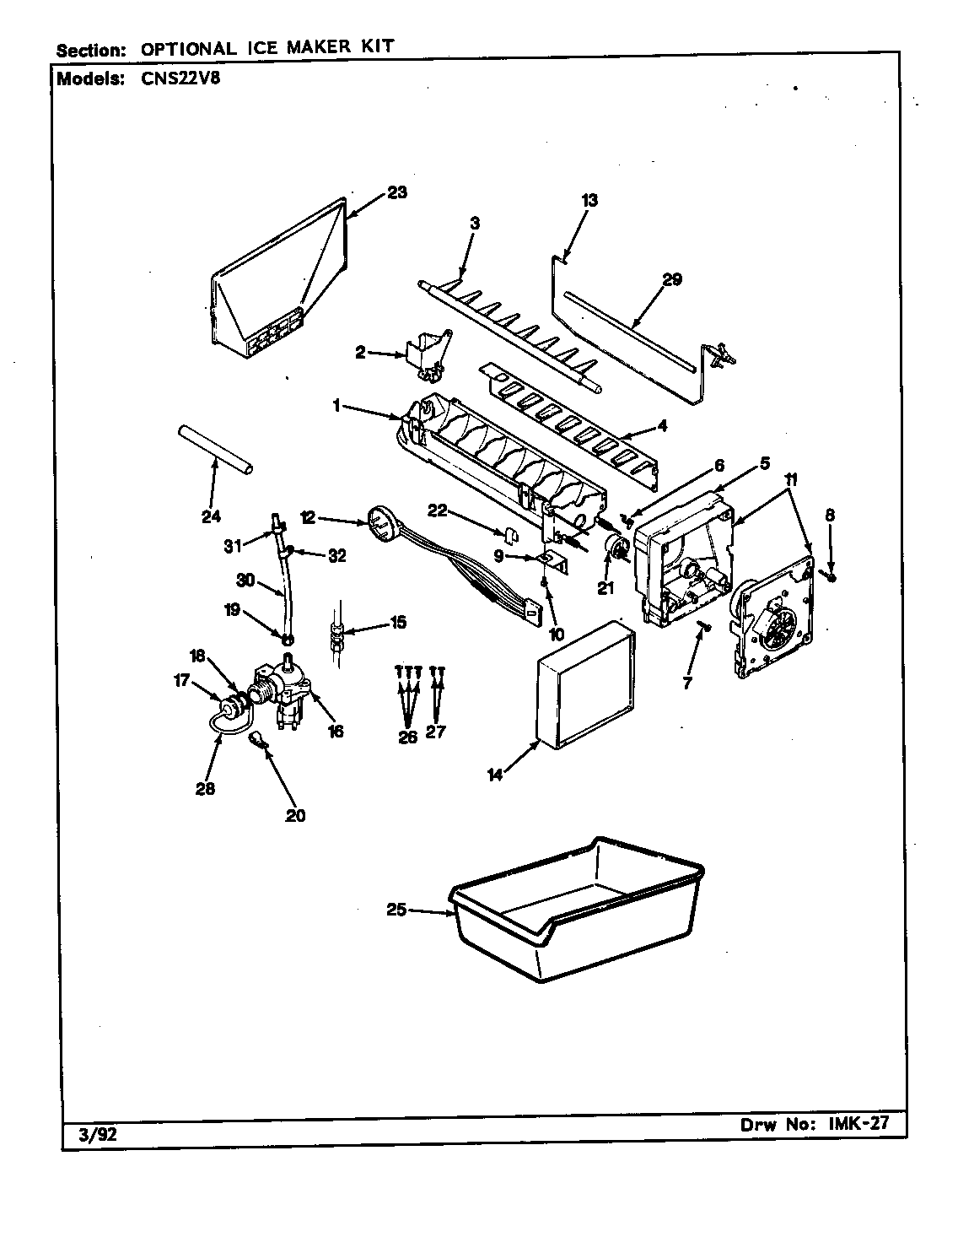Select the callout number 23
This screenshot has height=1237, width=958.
coord(397,192)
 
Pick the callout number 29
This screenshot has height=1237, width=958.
coord(671,280)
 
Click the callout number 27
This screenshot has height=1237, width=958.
coord(436,732)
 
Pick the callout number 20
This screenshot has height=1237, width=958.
coord(295,815)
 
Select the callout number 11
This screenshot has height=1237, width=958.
coord(791,479)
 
